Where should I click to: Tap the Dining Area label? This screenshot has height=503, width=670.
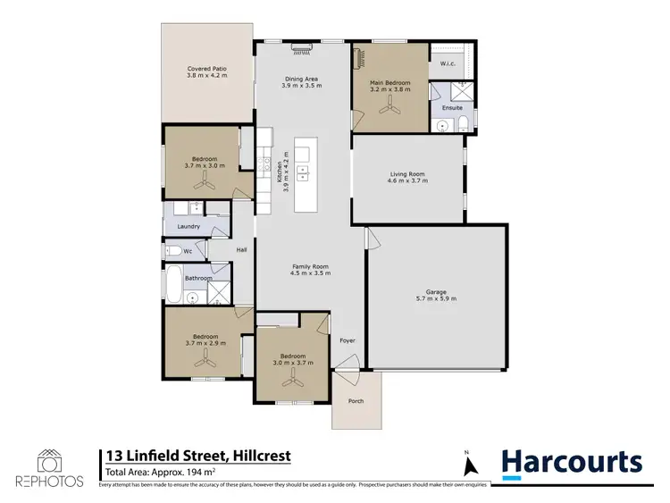pyautogui.click(x=300, y=79)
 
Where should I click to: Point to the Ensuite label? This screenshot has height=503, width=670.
pyautogui.click(x=452, y=107)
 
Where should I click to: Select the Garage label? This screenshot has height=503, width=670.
pyautogui.click(x=436, y=290)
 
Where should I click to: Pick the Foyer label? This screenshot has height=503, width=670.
pyautogui.click(x=346, y=340)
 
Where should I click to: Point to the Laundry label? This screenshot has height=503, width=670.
pyautogui.click(x=188, y=227)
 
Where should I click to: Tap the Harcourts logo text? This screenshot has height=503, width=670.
pyautogui.click(x=572, y=462)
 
